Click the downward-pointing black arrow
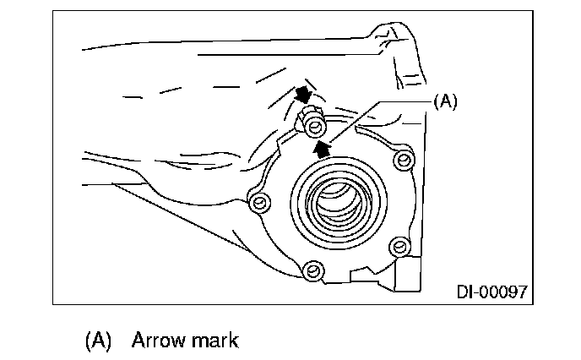(301, 95)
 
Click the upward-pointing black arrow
(321, 150)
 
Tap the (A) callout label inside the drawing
(444, 101)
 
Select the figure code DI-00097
(493, 292)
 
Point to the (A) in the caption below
(99, 341)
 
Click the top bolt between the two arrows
(315, 128)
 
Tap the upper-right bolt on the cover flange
(405, 158)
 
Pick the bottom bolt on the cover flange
(313, 270)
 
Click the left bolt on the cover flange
(259, 202)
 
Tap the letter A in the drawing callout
(444, 101)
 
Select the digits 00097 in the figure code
(504, 292)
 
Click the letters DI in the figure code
(467, 292)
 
